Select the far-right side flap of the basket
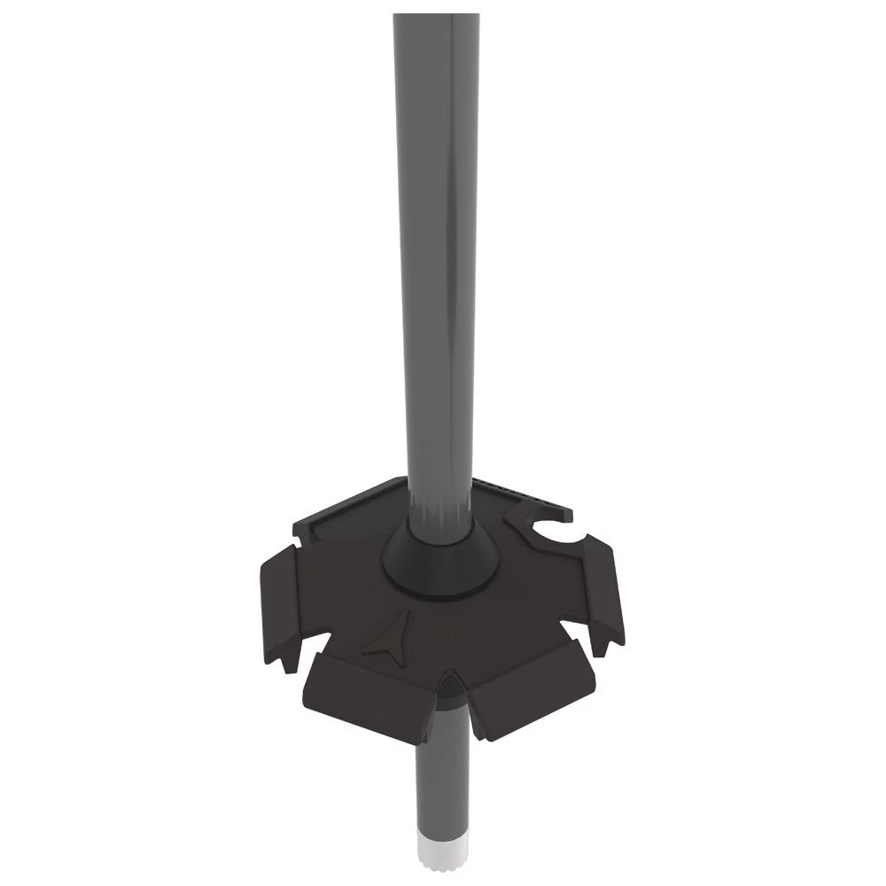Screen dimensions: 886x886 click(602, 589)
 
